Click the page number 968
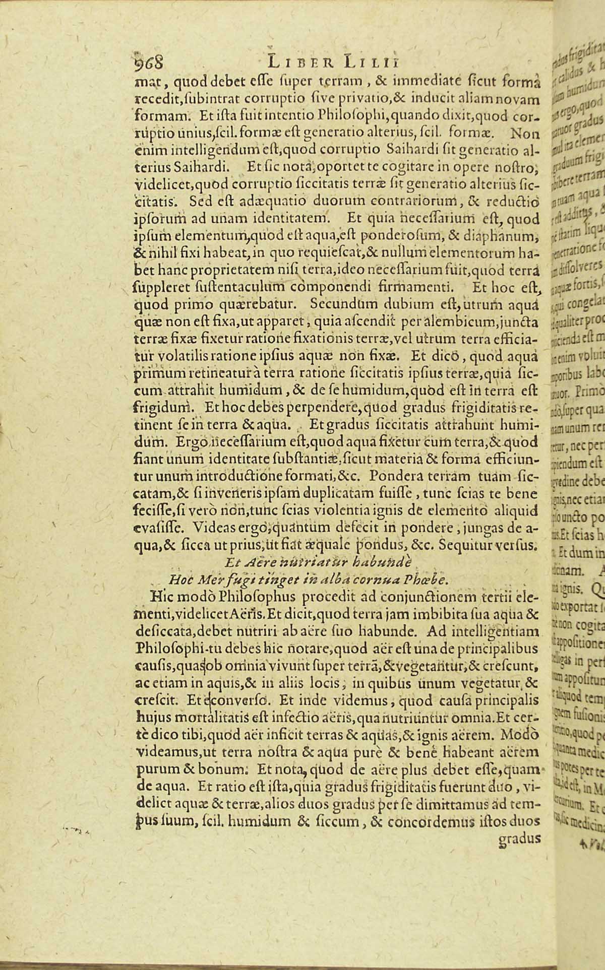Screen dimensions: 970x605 coord(148,62)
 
